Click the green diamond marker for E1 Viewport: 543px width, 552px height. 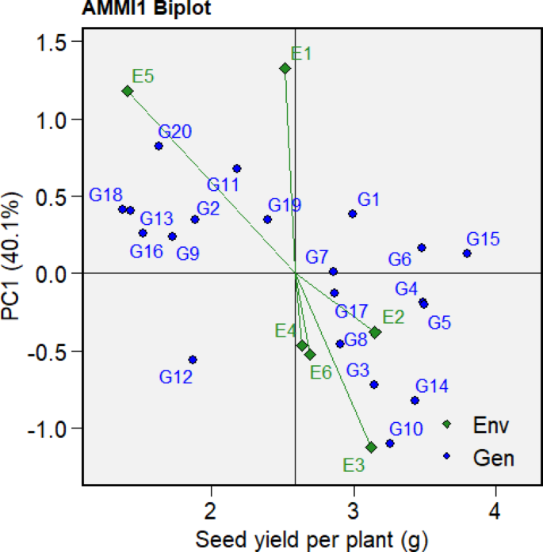(285, 69)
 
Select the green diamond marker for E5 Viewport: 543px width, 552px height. (127, 92)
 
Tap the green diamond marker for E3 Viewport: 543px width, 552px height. (370, 447)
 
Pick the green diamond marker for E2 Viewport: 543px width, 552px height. (375, 333)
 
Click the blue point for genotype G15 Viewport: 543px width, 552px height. (467, 253)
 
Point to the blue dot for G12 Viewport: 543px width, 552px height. (192, 360)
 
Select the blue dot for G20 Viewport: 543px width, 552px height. (159, 146)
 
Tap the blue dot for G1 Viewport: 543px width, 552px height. (352, 214)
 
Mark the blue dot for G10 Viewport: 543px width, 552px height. (389, 444)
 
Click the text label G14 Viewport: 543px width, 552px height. (432, 386)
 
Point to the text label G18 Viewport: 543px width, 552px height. (105, 195)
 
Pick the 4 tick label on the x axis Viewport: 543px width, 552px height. (495, 509)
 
